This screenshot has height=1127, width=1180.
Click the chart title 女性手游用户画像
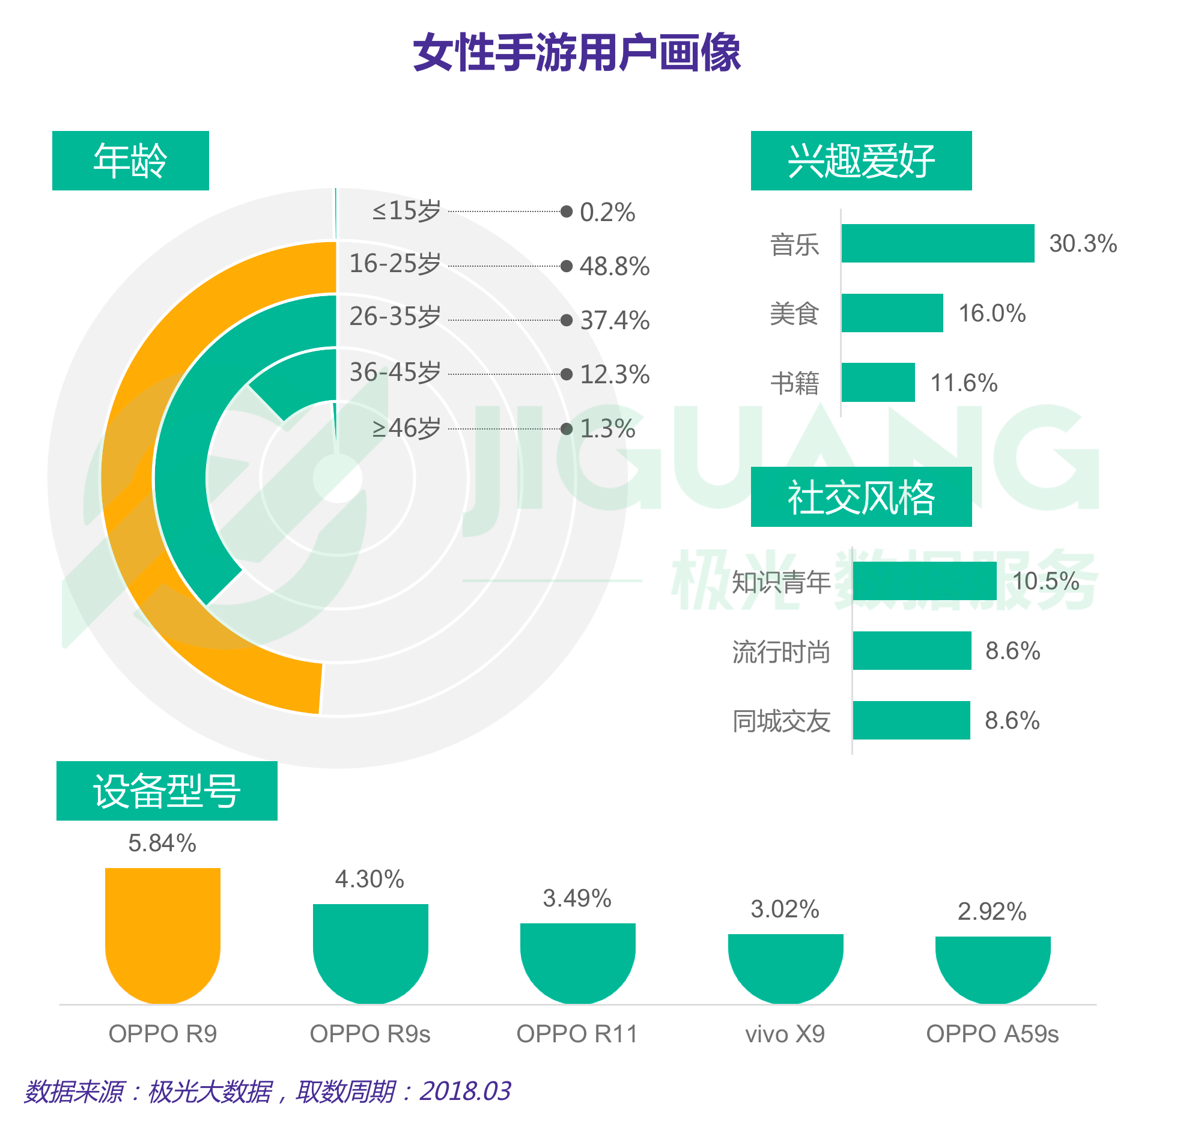point(577,53)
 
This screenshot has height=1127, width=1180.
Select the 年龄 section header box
point(130,160)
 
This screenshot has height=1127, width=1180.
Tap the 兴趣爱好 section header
point(861,160)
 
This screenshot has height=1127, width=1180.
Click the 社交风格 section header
point(861,497)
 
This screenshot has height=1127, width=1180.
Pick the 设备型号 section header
point(166,791)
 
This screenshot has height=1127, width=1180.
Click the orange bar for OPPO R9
point(162,934)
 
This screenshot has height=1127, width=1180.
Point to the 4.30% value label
point(370,879)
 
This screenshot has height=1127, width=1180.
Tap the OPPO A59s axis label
point(992,1034)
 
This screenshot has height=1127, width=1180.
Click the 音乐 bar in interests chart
point(937,243)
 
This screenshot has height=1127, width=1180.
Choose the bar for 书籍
point(878,382)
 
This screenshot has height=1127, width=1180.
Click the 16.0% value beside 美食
point(992,313)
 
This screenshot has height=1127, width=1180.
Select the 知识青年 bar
point(924,581)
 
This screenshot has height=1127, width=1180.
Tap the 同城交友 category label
point(781,721)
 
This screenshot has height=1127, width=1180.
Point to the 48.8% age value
point(614,266)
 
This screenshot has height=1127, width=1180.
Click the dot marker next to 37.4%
point(566,320)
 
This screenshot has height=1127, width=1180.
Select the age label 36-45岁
point(395,372)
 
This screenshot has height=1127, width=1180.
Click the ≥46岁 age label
point(406,428)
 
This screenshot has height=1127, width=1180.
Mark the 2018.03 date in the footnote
point(465,1091)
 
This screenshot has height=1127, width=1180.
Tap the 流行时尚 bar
point(911,651)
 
